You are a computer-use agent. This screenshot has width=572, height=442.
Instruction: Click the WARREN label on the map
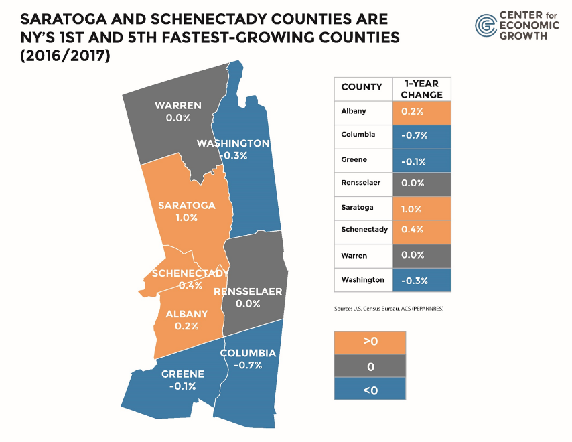178,106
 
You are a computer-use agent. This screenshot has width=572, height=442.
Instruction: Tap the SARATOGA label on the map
187,206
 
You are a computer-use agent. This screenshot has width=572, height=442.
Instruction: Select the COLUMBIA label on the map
248,353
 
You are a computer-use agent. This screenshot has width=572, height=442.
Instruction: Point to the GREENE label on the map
183,374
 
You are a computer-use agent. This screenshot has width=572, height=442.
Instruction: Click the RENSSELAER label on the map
248,292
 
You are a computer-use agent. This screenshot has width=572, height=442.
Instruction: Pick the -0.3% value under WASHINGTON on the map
233,155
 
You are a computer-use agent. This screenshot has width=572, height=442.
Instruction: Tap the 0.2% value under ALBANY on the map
187,326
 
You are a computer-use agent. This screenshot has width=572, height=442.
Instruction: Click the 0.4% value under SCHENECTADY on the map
190,285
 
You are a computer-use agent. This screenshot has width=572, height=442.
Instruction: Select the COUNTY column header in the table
362,87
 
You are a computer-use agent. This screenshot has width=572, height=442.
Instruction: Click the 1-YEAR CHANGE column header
422,88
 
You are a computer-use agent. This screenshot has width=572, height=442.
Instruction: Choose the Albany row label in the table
353,111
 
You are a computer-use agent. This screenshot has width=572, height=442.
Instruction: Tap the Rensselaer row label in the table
360,183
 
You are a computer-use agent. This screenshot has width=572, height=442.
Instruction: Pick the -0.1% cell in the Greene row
411,161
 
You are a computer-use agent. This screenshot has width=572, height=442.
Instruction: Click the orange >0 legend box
370,341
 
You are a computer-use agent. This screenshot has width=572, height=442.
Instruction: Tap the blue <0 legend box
370,390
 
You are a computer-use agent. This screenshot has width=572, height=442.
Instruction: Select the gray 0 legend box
370,366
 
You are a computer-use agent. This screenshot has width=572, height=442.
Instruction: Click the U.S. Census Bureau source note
388,309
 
